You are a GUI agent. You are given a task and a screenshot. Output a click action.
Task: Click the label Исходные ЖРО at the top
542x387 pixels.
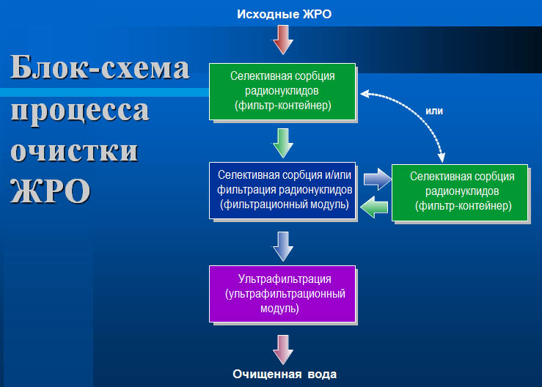point(284,14)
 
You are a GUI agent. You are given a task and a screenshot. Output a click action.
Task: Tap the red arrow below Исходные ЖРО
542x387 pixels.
point(283,40)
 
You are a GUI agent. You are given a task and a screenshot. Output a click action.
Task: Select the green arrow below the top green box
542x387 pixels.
point(283,143)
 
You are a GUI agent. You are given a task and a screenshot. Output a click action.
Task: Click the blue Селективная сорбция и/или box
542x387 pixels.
point(282,191)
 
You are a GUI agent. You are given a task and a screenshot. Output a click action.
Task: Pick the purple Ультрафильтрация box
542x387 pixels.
point(282,294)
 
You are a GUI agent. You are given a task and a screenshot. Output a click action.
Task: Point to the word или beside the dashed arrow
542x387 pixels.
point(434,111)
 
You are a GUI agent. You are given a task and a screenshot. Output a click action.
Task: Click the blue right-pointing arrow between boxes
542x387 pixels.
point(378,179)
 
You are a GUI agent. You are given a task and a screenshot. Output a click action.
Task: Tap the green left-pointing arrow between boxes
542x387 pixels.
point(374,207)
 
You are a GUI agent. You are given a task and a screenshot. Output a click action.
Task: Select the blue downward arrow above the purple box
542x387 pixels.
point(283,246)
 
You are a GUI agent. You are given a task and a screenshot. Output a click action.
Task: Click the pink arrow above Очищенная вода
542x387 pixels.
point(283,350)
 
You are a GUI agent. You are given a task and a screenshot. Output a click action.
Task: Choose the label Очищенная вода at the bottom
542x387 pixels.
point(285,375)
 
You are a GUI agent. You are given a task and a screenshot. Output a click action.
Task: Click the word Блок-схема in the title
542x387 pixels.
point(100,67)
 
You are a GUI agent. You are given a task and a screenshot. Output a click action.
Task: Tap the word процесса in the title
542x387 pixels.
point(80,111)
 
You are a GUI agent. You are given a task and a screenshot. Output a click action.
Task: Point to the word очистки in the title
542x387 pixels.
point(74,151)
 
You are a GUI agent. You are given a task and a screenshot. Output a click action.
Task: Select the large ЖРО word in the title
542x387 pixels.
point(51,191)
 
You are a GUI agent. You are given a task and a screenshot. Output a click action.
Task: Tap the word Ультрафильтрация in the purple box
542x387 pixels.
point(284,279)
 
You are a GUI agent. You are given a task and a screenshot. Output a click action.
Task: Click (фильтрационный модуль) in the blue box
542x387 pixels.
point(285,204)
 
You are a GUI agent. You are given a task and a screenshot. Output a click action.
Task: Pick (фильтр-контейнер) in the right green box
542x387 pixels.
point(464,206)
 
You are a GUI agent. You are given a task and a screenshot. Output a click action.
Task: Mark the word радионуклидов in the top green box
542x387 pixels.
point(282,91)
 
